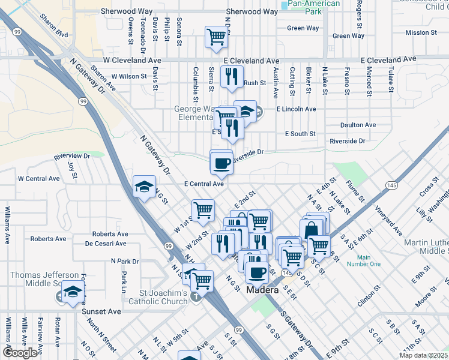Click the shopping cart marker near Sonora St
[216, 37]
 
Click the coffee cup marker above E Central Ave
[221, 163]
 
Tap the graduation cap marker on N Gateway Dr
[144, 187]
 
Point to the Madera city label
[262, 290]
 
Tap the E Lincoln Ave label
[296, 109]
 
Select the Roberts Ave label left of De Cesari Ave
[48, 239]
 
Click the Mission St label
[426, 33]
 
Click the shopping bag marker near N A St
[312, 230]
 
